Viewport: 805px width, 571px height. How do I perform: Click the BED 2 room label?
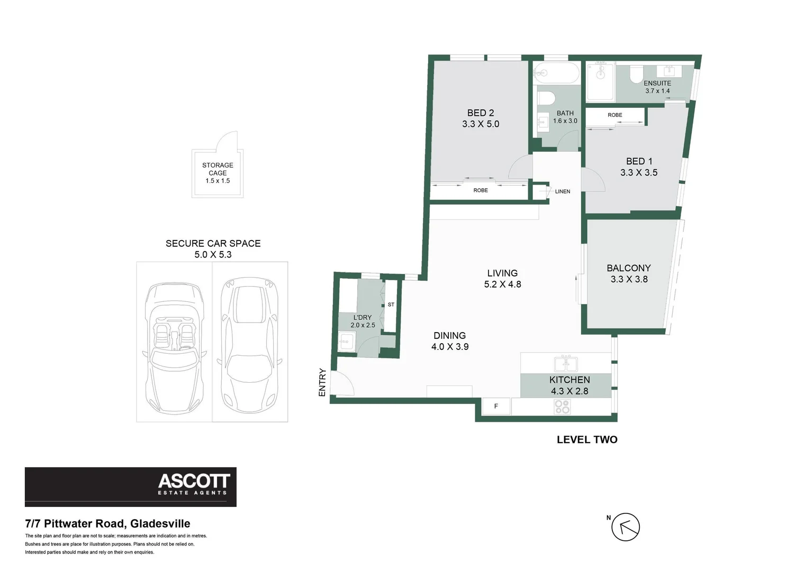(481, 113)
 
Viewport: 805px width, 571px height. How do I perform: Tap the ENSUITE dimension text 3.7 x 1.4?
(657, 91)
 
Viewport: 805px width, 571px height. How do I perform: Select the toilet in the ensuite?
(638, 74)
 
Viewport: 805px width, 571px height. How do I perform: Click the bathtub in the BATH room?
(556, 73)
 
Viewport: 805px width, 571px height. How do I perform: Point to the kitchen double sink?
(566, 364)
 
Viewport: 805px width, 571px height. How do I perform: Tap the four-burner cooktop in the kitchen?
(562, 407)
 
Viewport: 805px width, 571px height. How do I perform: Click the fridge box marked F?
(496, 406)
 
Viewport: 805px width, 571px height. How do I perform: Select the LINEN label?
(563, 191)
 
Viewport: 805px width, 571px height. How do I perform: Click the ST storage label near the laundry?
(391, 305)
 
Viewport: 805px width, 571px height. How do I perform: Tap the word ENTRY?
(322, 383)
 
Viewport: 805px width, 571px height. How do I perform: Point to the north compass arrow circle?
(626, 527)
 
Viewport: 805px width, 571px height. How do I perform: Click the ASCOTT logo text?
(194, 481)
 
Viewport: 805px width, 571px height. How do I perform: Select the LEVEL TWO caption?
(587, 440)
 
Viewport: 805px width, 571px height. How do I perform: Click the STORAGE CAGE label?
(218, 169)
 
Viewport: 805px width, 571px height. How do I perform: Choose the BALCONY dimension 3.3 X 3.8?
(629, 279)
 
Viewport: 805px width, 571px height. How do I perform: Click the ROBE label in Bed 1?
(615, 115)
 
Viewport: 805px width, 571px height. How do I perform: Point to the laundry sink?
(347, 341)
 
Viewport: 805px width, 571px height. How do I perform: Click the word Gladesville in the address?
(160, 523)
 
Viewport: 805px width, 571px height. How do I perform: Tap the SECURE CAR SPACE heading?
(213, 243)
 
